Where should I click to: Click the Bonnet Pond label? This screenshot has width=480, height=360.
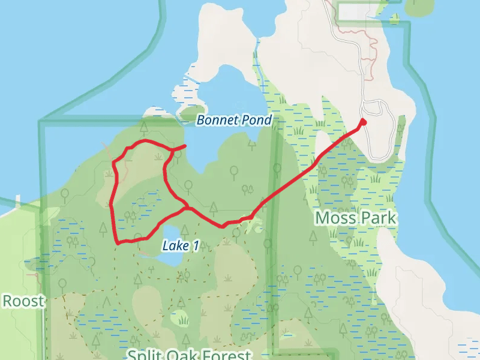click(x=234, y=120)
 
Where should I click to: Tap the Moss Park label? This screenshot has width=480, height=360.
click(x=356, y=217)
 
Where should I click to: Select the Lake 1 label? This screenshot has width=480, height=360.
click(x=180, y=245)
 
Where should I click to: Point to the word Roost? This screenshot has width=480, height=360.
click(x=23, y=301)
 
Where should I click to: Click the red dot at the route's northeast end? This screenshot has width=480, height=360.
click(x=362, y=122)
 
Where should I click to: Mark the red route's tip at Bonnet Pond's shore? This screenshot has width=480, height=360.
click(x=184, y=145)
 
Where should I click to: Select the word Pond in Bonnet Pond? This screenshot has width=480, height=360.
click(x=257, y=120)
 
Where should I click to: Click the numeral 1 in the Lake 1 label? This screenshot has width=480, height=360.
click(x=195, y=245)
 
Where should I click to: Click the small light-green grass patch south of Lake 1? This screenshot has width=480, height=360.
click(x=179, y=318)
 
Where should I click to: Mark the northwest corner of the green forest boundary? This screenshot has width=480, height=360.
click(x=41, y=123)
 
